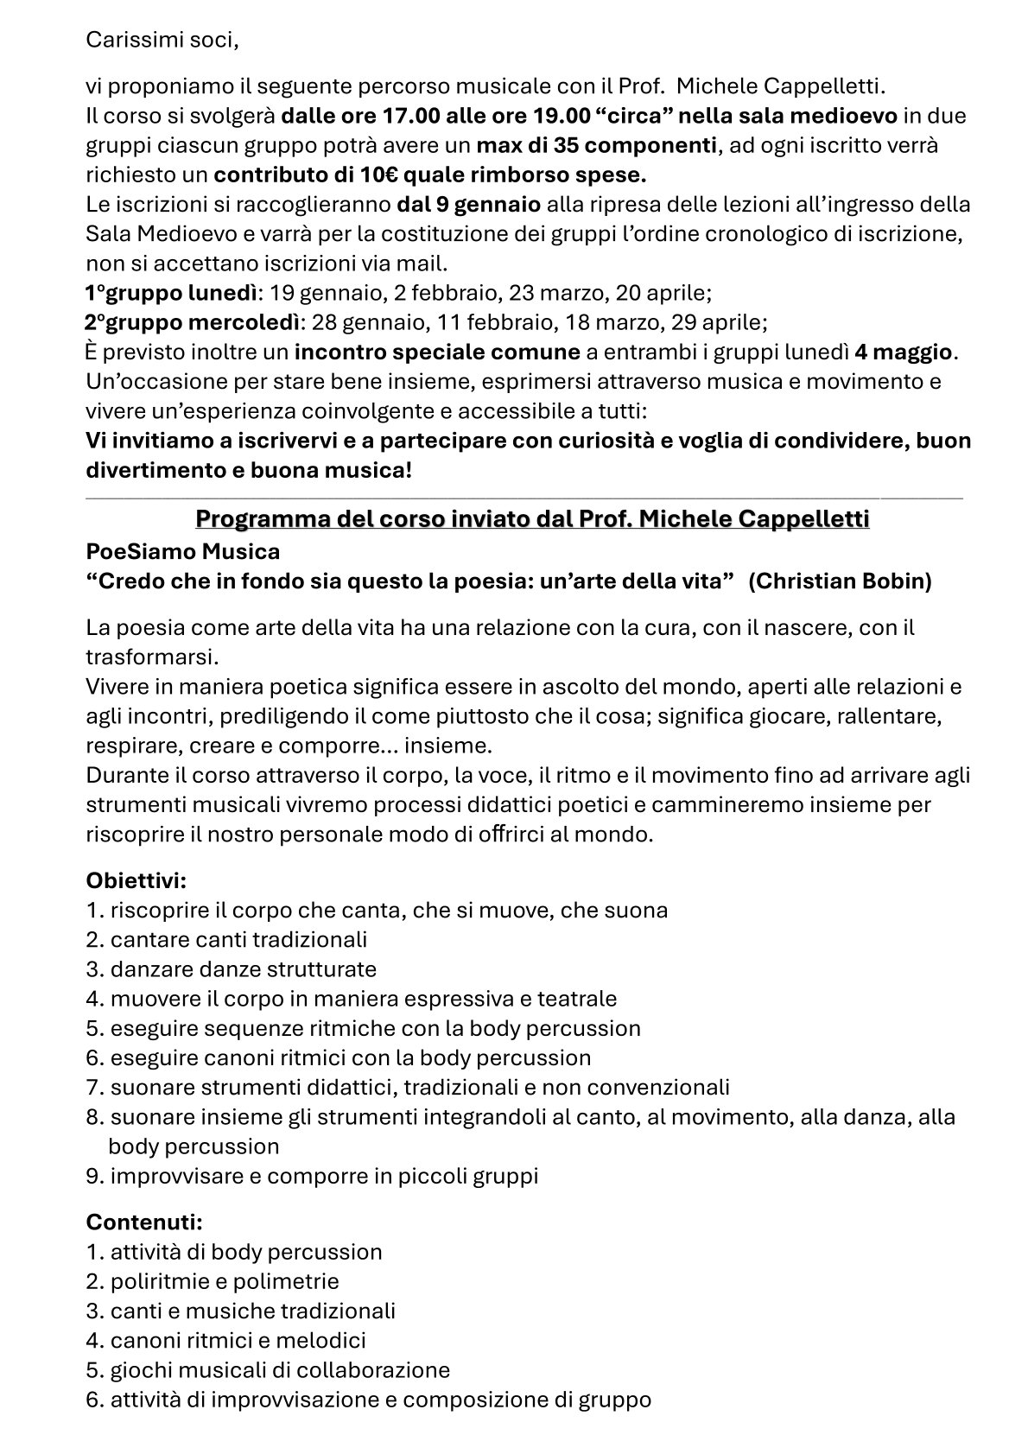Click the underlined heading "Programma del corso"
531,520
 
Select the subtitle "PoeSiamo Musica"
182,550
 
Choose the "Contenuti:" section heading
144,1222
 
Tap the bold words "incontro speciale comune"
436,352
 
